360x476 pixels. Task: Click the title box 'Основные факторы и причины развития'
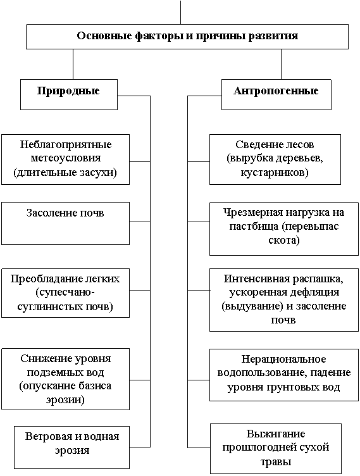(187, 37)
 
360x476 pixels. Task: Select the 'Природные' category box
(68, 94)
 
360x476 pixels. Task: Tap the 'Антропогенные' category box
(276, 94)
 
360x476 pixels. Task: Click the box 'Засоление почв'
(65, 223)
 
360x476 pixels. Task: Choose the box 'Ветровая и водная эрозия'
(71, 448)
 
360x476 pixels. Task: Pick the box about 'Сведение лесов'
(275, 160)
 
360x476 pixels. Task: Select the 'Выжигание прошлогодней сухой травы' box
(276, 449)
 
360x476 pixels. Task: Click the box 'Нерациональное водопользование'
(284, 375)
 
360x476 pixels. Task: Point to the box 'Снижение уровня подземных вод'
(65, 379)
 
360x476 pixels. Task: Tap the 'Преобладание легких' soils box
(65, 293)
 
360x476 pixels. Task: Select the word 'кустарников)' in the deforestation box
(275, 173)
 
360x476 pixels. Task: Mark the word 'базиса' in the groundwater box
(95, 385)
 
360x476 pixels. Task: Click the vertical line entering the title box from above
(180, 12)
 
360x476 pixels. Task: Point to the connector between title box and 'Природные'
(73, 64)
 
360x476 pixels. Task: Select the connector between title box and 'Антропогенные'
(281, 64)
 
